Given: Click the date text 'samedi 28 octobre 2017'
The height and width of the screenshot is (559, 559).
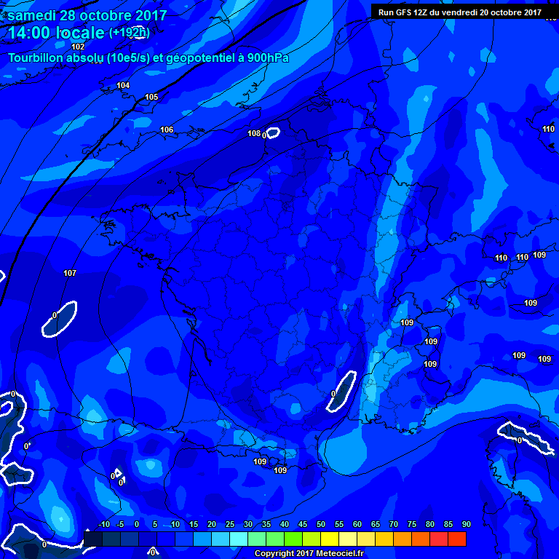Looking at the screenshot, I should pos(87,15).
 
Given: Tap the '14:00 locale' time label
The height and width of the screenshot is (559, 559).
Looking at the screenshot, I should pos(56,33).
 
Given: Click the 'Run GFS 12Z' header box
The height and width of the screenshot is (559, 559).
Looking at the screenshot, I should pos(459,12).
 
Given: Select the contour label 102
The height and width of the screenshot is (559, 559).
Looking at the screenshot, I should pos(78,47).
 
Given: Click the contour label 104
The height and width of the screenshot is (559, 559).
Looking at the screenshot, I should pos(123,86).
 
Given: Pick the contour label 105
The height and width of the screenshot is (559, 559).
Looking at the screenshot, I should pos(151,97).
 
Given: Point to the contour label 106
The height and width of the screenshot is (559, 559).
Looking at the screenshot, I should pos(167,130).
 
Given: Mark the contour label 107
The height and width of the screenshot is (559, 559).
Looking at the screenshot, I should pos(70,273).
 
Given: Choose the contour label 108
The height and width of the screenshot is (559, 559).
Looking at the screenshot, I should pos(253,133).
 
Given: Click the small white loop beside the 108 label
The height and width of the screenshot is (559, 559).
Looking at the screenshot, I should pos(273,132).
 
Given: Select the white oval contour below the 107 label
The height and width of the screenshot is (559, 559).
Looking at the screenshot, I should pos(60,319).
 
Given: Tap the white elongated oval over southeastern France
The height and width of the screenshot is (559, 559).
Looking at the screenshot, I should pos(341,390).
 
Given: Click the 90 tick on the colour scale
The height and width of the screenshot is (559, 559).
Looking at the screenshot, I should pos(466,524).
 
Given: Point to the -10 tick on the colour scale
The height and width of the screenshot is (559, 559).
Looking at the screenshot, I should pos(103,524).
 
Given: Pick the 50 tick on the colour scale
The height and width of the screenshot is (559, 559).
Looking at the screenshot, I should pos(321,524).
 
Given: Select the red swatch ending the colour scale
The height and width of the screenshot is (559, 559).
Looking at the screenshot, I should pos(457,539).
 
